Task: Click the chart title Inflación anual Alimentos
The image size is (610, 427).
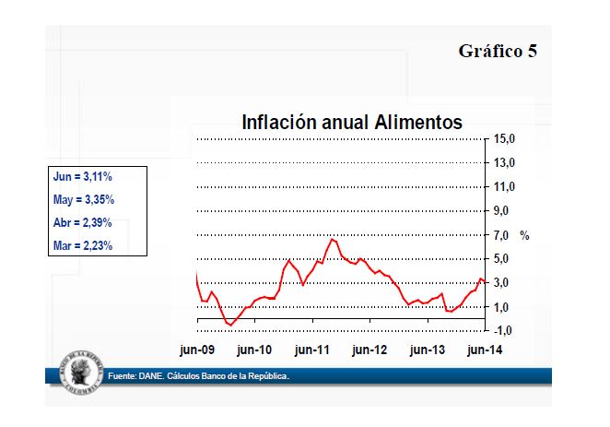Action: tap(351, 122)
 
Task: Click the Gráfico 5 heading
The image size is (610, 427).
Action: tap(498, 51)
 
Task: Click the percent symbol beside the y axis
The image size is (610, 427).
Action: tap(524, 236)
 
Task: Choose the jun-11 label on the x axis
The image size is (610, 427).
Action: tap(312, 350)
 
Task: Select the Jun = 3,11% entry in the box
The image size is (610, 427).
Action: tap(83, 175)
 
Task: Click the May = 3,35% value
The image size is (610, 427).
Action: tap(83, 198)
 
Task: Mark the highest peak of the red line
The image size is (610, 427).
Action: tap(333, 239)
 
